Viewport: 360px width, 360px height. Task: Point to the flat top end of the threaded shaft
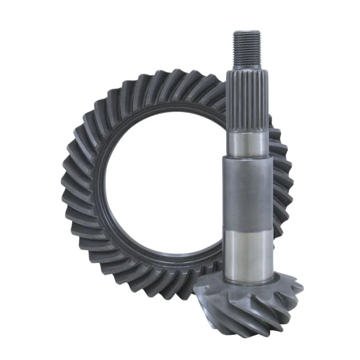247,32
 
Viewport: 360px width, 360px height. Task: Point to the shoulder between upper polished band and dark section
248,157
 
